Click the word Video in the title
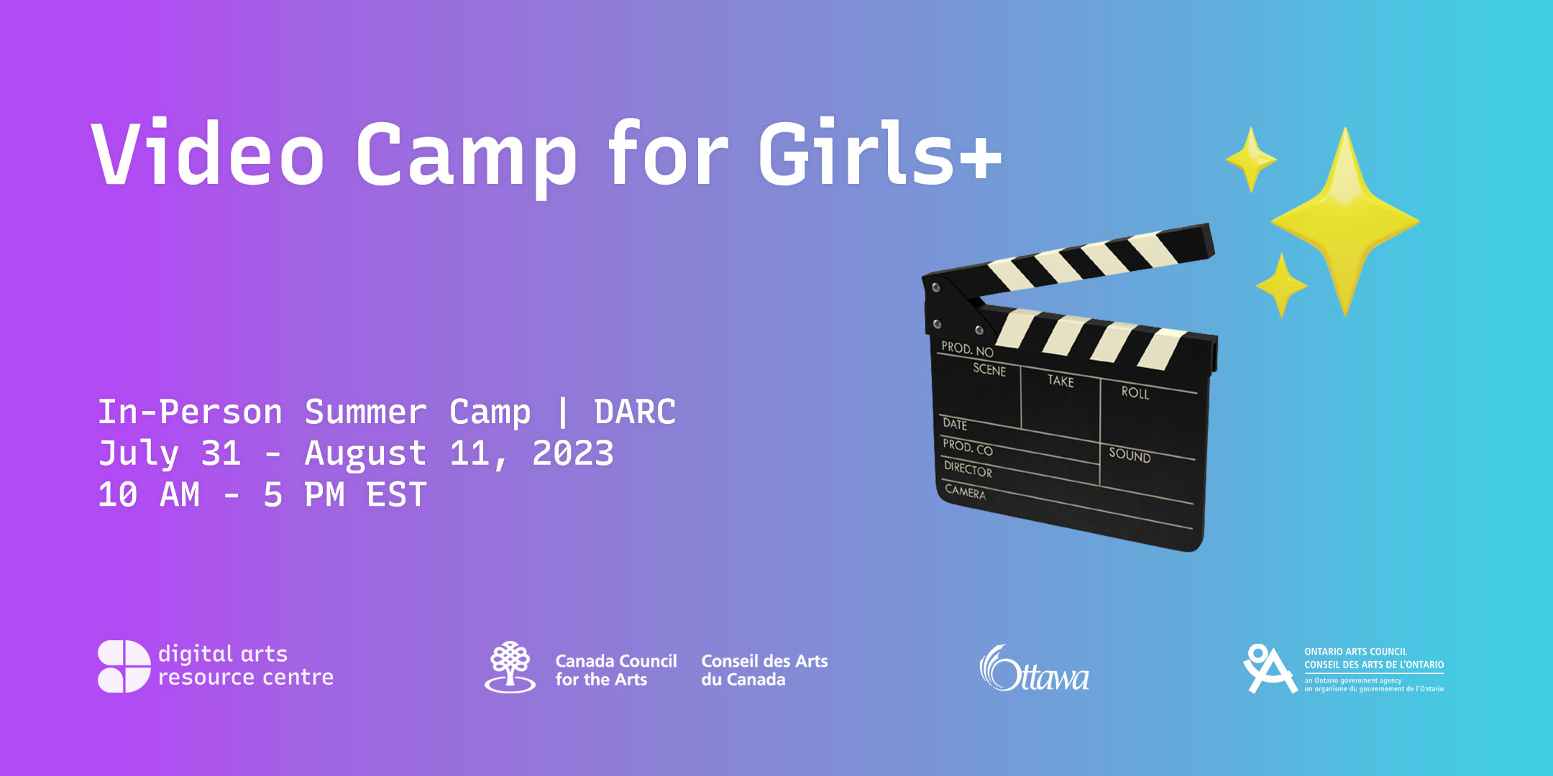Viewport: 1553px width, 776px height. point(209,154)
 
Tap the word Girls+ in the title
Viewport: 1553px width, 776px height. point(879,152)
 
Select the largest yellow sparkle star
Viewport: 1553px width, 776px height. point(1345,221)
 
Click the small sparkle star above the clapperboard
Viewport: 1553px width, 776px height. point(1251,160)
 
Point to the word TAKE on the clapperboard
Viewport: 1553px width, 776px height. point(1060,381)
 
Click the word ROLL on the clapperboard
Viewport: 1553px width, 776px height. point(1135,392)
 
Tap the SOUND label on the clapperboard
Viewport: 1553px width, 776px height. point(1130,455)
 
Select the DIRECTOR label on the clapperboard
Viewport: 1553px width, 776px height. point(968,470)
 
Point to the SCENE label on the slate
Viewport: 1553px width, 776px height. point(989,369)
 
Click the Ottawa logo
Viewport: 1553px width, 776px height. point(1034,669)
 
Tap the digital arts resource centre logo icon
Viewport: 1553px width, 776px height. point(124,666)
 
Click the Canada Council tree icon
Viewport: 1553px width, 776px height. point(510,667)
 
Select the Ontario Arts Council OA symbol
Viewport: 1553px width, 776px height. point(1270,669)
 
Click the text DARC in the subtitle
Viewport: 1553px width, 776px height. point(635,412)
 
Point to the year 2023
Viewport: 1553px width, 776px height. point(573,453)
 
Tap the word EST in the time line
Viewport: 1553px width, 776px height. point(397,495)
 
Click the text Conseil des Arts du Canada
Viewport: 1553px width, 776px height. point(764,670)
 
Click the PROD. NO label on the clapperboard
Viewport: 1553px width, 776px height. point(967,348)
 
